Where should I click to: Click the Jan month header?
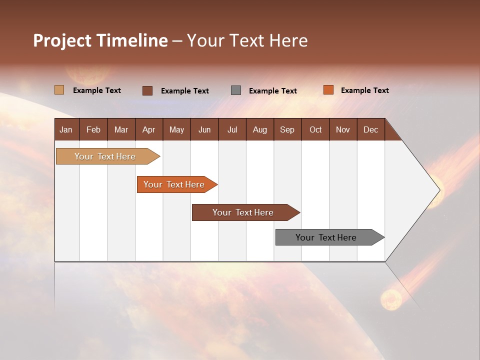[66, 129]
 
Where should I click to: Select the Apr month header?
[148, 129]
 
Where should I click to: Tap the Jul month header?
[232, 129]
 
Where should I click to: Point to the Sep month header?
[287, 129]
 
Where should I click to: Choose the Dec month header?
[370, 129]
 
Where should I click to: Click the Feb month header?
[93, 129]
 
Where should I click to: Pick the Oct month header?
[315, 129]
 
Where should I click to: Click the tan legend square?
[59, 90]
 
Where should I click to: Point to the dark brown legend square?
[147, 90]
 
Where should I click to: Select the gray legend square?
[236, 90]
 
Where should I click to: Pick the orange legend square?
[328, 90]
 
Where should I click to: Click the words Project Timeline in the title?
[100, 40]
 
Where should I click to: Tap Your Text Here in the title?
[247, 40]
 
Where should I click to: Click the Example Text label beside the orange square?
[364, 90]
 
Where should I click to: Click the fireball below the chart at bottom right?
[390, 299]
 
